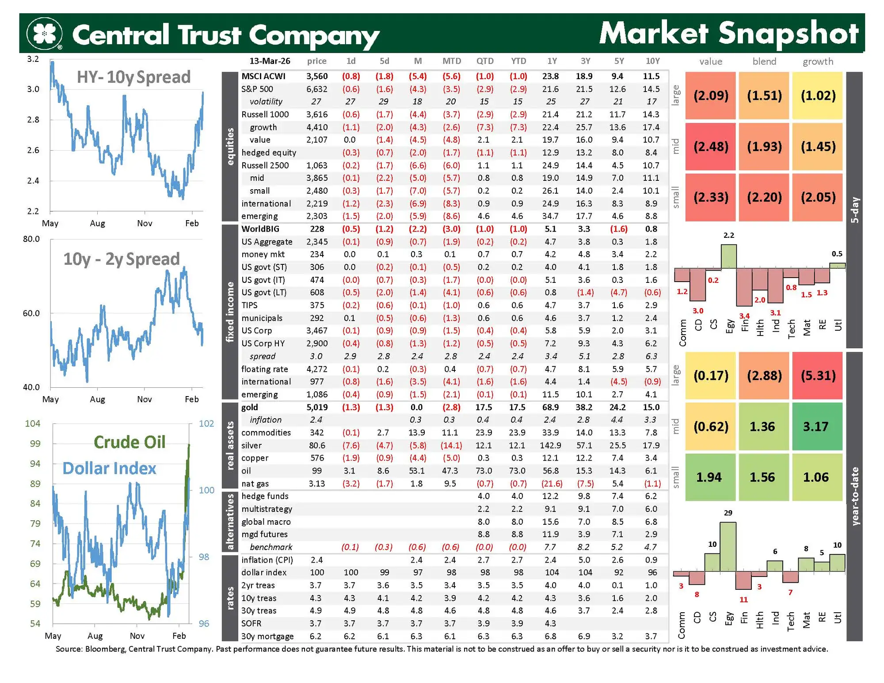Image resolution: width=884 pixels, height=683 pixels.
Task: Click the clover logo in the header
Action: pyautogui.click(x=44, y=34)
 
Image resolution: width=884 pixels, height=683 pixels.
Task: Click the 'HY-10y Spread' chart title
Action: pyautogui.click(x=133, y=77)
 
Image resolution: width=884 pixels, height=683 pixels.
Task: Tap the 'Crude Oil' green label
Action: pyautogui.click(x=130, y=442)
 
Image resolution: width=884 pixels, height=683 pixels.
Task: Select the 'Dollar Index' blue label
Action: pyautogui.click(x=109, y=469)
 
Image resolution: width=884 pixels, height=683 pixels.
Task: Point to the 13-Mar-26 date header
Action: pyautogui.click(x=270, y=61)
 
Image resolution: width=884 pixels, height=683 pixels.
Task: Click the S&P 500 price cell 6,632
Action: pyautogui.click(x=317, y=89)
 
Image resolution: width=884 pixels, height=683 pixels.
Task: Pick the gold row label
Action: pyautogui.click(x=250, y=407)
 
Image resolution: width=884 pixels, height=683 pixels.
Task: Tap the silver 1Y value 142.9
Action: pyautogui.click(x=550, y=445)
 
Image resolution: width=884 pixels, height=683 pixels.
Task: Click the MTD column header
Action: pyautogui.click(x=451, y=61)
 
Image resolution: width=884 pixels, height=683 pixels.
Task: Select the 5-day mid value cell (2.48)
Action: pyautogui.click(x=710, y=146)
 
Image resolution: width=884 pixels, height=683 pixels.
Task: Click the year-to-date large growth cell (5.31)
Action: pyautogui.click(x=818, y=376)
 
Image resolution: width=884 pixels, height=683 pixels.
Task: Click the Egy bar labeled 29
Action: pyautogui.click(x=728, y=546)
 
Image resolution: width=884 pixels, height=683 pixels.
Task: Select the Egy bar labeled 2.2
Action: pyautogui.click(x=729, y=256)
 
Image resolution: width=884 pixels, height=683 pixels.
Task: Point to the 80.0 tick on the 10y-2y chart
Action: pyautogui.click(x=31, y=239)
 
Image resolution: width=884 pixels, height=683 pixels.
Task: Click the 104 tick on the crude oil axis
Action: pyautogui.click(x=33, y=424)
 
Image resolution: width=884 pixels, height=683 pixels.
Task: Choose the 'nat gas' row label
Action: pyautogui.click(x=255, y=484)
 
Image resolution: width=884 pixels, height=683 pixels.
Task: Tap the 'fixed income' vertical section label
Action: pyautogui.click(x=230, y=312)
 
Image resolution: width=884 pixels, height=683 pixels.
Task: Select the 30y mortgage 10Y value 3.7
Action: pyautogui.click(x=651, y=636)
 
